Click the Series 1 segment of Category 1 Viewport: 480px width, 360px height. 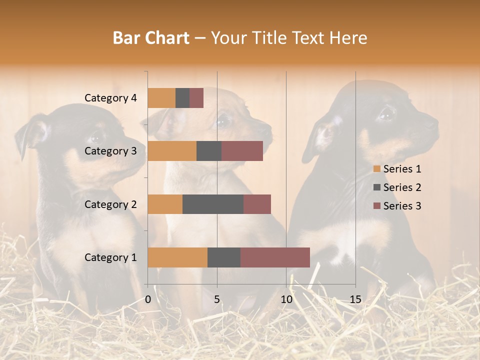(x=177, y=257)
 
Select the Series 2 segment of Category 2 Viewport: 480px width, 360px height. (x=213, y=204)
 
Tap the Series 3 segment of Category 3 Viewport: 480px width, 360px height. (x=242, y=151)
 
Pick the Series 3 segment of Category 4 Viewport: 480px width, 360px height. (x=196, y=98)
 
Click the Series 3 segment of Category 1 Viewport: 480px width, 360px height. (x=275, y=257)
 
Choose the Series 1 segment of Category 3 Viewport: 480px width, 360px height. (x=172, y=151)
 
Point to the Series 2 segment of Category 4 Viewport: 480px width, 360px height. (x=182, y=98)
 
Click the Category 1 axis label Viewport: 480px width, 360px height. (x=110, y=257)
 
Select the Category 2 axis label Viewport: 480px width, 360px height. (x=110, y=204)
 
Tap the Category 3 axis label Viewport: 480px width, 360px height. (x=110, y=151)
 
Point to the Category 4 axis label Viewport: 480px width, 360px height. (x=110, y=98)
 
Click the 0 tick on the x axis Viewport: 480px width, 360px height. (x=148, y=299)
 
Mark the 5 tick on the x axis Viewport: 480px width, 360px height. (x=217, y=299)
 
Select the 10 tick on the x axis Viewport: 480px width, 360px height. (x=286, y=299)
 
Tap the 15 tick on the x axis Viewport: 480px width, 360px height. (x=355, y=299)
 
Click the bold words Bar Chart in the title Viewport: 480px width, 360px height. (x=151, y=38)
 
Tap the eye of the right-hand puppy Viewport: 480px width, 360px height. (x=386, y=114)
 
